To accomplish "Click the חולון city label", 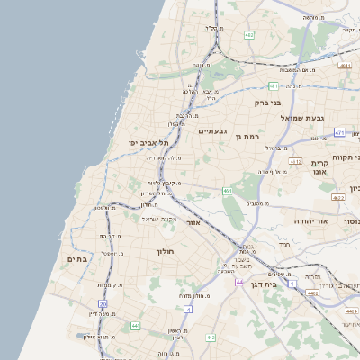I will point(169,251).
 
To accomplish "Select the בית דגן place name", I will point(283,283).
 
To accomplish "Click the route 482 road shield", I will point(247,34).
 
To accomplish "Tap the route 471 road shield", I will point(339,132).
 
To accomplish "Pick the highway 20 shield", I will point(104,304).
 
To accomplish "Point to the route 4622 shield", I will point(338,196).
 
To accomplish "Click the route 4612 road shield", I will point(295,161).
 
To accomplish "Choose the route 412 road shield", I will point(211,337).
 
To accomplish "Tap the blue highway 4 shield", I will point(188,309).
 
